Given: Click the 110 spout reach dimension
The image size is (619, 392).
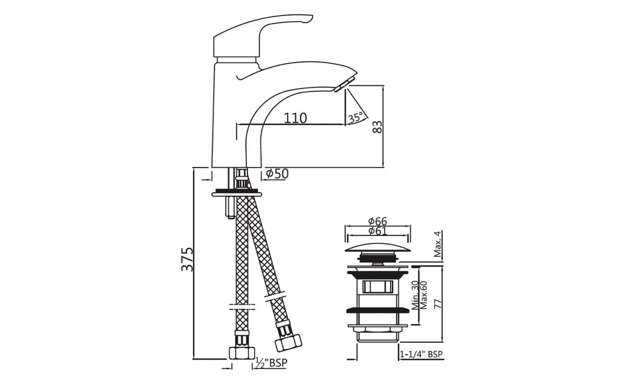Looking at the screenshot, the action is pyautogui.click(x=296, y=118).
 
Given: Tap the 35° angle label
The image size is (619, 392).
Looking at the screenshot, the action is pyautogui.click(x=355, y=118).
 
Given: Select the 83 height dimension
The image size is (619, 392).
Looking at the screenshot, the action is pyautogui.click(x=378, y=127).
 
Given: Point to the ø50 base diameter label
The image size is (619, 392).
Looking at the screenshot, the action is pyautogui.click(x=277, y=174).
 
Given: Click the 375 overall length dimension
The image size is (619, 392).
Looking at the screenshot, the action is pyautogui.click(x=187, y=259).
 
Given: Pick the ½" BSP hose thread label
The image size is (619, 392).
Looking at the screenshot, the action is pyautogui.click(x=272, y=363).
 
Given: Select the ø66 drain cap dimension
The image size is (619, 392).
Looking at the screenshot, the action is pyautogui.click(x=378, y=221).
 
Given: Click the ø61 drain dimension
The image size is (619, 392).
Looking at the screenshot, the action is pyautogui.click(x=378, y=231).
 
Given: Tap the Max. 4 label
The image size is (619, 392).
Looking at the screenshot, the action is pyautogui.click(x=438, y=244).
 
